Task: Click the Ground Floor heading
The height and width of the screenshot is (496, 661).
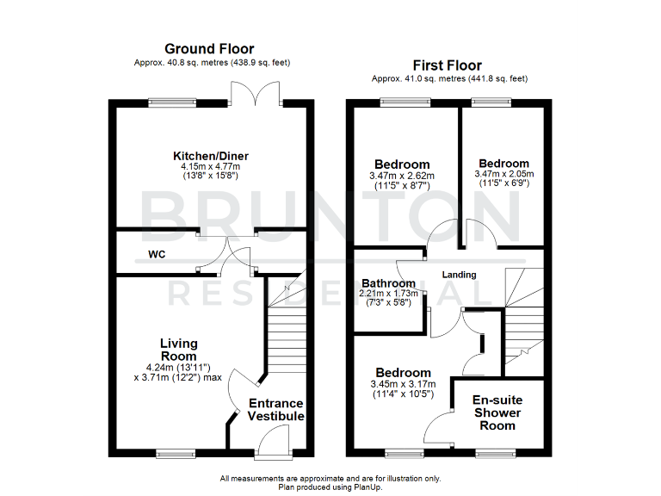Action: (x=211, y=49)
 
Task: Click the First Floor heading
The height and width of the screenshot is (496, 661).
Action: (x=447, y=65)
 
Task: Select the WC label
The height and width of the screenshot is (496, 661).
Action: (x=157, y=255)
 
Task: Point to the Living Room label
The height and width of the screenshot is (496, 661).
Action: (x=178, y=350)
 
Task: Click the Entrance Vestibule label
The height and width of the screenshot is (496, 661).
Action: (x=276, y=410)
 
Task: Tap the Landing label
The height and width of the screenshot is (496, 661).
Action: (x=460, y=275)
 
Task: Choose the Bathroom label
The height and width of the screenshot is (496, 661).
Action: (x=388, y=282)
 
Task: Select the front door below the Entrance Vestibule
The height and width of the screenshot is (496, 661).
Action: (x=273, y=445)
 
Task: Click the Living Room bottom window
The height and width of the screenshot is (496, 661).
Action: (x=176, y=453)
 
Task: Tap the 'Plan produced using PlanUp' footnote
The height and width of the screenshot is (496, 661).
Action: (x=330, y=487)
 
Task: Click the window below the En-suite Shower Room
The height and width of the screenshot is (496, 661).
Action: (x=494, y=453)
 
